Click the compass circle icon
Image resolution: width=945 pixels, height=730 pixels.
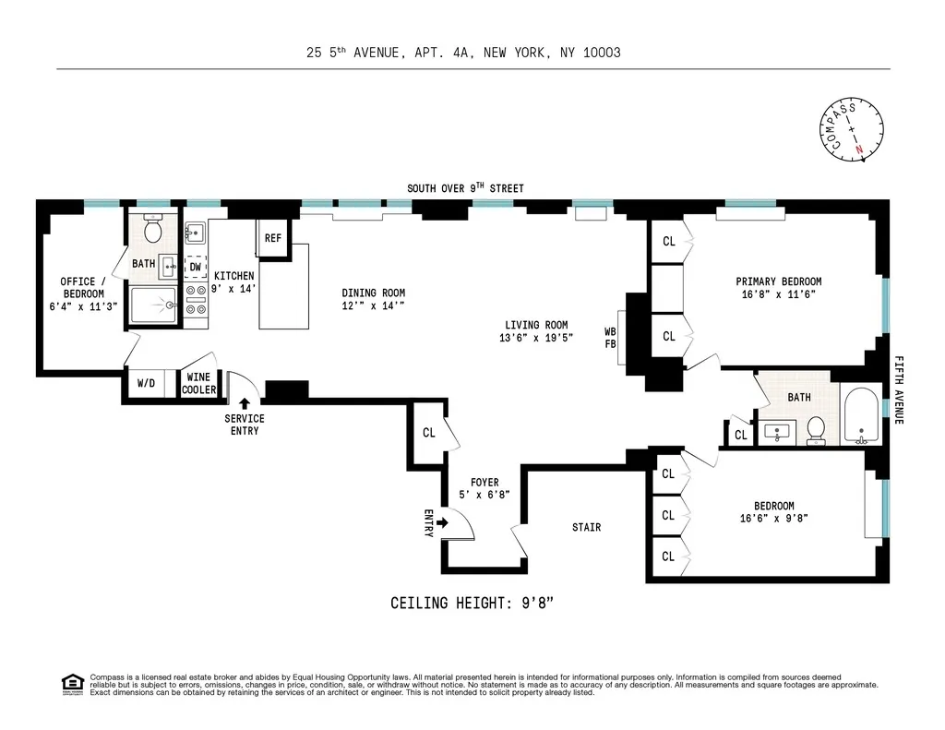click(851, 129)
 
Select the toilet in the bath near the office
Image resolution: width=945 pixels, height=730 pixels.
click(154, 229)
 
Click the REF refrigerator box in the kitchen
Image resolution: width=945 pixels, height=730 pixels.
click(273, 237)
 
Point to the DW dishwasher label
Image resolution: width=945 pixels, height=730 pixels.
click(195, 267)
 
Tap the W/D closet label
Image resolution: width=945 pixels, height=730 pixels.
click(146, 383)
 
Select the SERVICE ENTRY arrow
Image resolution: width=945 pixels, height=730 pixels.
click(245, 403)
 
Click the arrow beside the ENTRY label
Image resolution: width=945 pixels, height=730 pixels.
click(442, 523)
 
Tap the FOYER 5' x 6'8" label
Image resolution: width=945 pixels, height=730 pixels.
click(484, 488)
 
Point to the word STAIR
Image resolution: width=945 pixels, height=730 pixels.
click(586, 527)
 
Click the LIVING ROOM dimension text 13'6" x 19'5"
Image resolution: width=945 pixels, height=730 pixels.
click(536, 338)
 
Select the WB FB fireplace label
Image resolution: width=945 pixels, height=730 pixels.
click(610, 338)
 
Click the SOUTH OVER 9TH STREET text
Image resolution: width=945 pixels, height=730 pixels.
click(466, 188)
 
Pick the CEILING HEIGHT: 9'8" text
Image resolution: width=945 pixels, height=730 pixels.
click(472, 604)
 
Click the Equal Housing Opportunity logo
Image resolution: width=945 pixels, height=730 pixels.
click(71, 683)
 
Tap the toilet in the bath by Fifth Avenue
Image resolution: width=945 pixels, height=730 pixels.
click(816, 430)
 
